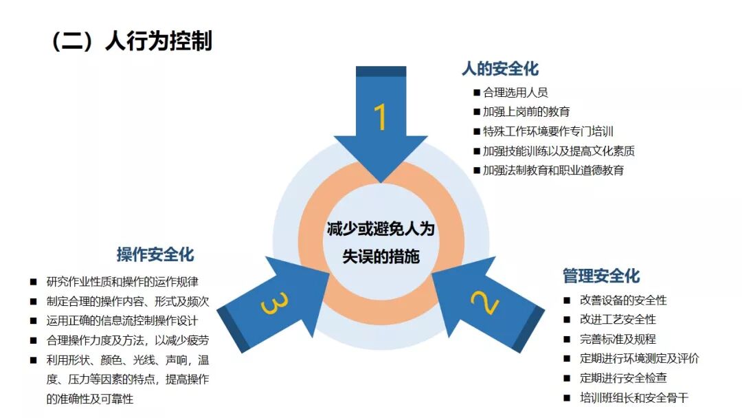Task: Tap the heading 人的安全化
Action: click(500, 69)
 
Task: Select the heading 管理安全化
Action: click(601, 276)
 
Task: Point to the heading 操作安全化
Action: click(155, 255)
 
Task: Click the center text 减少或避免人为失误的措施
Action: click(380, 243)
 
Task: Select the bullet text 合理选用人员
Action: click(515, 92)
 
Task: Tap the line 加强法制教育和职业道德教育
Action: click(554, 170)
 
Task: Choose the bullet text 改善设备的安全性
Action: click(623, 300)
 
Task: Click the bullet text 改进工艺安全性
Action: click(618, 319)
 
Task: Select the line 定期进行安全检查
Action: click(623, 378)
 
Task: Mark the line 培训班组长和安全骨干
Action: click(634, 397)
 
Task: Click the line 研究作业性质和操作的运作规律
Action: click(122, 281)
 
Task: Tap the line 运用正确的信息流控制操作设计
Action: click(122, 320)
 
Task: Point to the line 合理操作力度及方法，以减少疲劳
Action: click(128, 340)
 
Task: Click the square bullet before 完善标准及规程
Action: click(566, 339)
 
